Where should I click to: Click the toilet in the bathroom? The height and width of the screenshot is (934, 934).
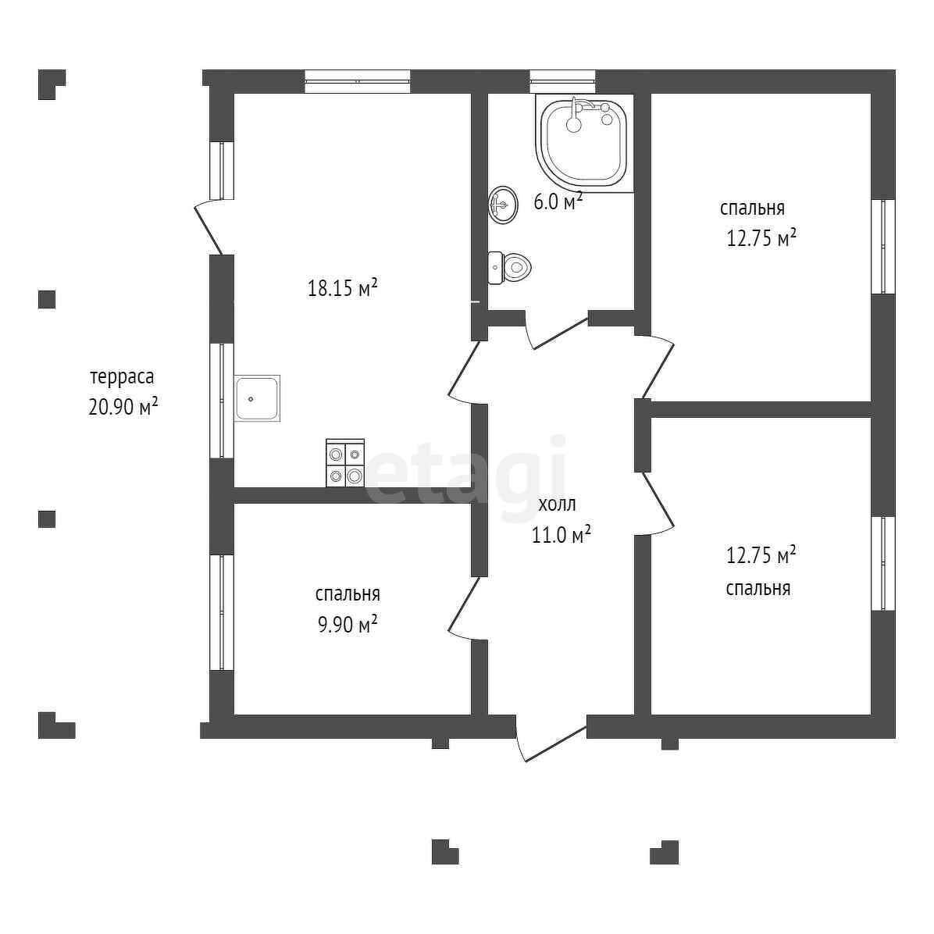(x=510, y=268)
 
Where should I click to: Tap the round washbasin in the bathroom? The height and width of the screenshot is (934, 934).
(x=503, y=205)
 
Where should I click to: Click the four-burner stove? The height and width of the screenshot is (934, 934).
(x=345, y=463)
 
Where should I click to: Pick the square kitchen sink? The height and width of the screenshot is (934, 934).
(x=257, y=398)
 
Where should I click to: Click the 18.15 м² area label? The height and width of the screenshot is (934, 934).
(x=343, y=288)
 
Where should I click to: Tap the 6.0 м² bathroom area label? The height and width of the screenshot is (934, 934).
(x=558, y=202)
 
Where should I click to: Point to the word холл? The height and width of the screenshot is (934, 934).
(x=558, y=504)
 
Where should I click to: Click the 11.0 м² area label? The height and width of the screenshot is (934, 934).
(x=561, y=535)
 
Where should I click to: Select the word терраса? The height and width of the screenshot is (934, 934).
(x=122, y=376)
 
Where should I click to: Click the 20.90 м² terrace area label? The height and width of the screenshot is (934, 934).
(x=123, y=406)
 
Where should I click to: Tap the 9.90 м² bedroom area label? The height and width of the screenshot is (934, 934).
(x=348, y=625)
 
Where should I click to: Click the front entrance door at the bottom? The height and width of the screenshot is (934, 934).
(x=551, y=740)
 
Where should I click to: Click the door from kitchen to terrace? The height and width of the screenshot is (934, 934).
(x=209, y=227)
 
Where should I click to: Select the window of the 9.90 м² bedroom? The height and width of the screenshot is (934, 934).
(x=222, y=612)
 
